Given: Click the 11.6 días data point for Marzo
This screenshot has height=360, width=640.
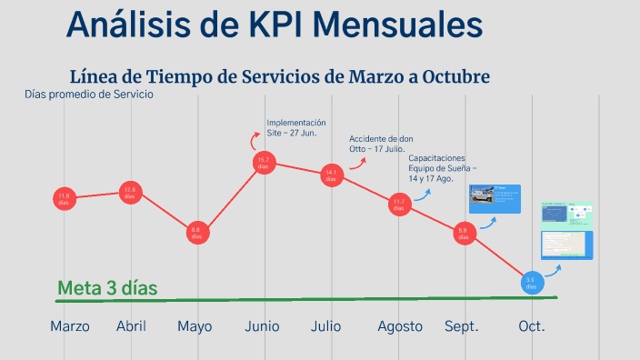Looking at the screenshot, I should point(64,198).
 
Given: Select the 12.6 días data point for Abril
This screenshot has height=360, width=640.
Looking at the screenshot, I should point(130,192).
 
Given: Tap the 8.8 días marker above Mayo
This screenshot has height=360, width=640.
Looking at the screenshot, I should point(195,234).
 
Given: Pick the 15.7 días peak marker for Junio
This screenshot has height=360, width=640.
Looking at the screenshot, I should point(263,164).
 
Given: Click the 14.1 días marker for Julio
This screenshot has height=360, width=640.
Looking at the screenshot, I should point(331,175).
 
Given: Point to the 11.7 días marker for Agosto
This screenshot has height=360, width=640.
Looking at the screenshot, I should point(398,204).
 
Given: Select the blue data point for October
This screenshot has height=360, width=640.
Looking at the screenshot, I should point(532,284).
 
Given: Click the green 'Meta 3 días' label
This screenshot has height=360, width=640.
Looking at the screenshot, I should point(107,288).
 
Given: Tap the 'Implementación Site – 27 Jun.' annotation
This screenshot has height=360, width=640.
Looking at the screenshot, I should point(296,127).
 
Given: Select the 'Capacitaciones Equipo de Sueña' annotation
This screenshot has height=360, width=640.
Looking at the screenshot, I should point(443,168).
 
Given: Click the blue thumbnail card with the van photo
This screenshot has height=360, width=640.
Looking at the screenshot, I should point(495,199).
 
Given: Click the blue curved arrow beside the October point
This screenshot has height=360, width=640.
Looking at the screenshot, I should point(552,269).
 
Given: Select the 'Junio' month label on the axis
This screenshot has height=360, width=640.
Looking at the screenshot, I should point(262,326).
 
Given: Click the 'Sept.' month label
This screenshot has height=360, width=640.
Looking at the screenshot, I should point(462,326).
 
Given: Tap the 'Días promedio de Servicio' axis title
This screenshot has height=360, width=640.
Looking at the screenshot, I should point(89,94).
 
